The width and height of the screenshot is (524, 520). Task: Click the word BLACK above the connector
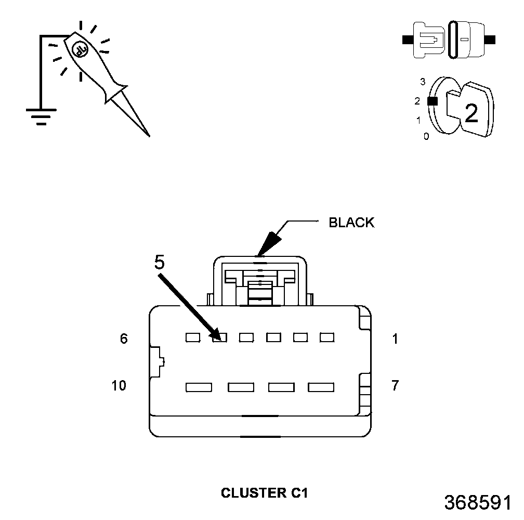(x=351, y=223)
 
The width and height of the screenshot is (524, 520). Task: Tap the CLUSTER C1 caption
(x=264, y=493)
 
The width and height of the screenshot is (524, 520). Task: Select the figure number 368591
(x=478, y=502)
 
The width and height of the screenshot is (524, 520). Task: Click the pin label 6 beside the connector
(x=124, y=339)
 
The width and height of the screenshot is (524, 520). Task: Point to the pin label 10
(x=119, y=385)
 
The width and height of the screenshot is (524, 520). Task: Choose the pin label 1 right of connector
(x=395, y=339)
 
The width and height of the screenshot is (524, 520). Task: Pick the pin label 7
(x=395, y=385)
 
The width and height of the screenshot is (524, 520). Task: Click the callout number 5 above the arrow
(x=160, y=262)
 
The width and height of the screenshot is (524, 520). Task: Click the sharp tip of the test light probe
(x=149, y=136)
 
